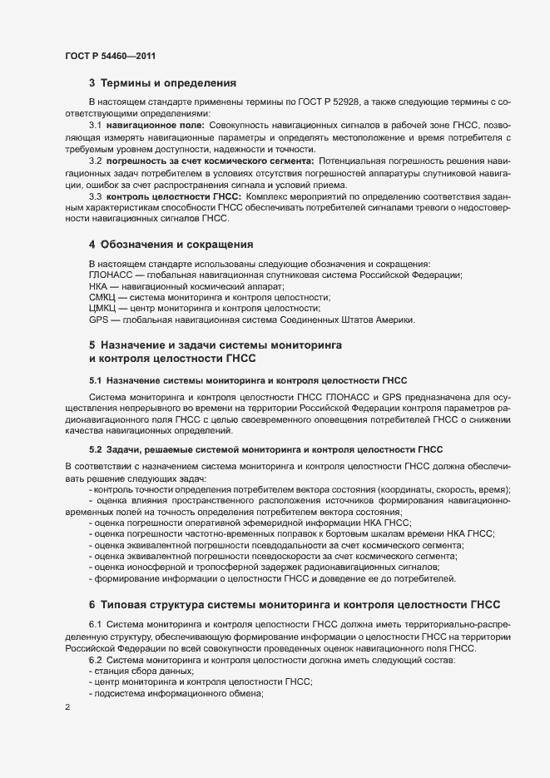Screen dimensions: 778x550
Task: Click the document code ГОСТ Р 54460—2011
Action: pos(109,56)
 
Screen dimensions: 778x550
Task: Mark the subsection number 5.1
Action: pos(95,379)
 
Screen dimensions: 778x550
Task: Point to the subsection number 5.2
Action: pos(95,449)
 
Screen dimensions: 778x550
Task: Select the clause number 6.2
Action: pos(95,660)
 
